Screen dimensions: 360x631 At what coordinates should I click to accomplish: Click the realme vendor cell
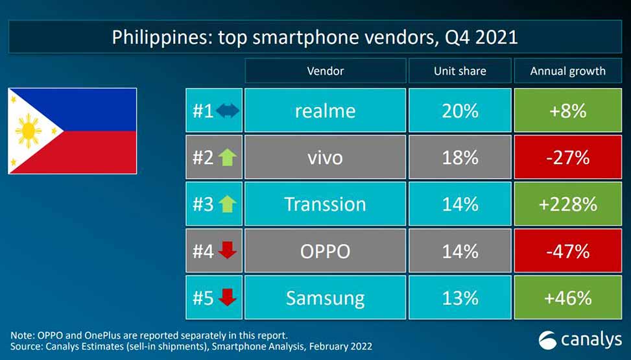325,111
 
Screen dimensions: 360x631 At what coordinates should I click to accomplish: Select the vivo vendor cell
325,158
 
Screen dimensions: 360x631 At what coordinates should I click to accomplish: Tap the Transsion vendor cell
325,204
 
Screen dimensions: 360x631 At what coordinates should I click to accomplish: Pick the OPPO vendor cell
325,251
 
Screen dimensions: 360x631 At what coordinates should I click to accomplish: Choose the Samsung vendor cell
325,298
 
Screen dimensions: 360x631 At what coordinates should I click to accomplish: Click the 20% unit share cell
460,111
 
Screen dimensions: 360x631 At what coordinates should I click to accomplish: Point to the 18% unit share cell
460,158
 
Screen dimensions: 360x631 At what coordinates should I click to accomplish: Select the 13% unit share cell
460,298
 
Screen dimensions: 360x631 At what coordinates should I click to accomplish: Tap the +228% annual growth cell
567,204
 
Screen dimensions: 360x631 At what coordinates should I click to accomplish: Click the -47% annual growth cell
567,251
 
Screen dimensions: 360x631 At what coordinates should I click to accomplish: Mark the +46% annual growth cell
567,298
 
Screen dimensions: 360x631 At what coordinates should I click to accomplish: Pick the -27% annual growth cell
567,158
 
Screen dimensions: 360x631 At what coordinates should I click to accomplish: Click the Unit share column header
460,71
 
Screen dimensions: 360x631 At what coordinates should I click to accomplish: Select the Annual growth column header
567,71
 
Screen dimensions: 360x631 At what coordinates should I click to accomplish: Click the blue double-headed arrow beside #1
227,111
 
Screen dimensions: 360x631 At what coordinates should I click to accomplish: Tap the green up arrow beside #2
227,158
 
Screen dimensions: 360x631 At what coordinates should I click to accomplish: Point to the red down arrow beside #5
227,298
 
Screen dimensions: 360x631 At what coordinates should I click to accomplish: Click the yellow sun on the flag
29,131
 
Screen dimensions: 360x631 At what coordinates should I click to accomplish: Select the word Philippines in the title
156,36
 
